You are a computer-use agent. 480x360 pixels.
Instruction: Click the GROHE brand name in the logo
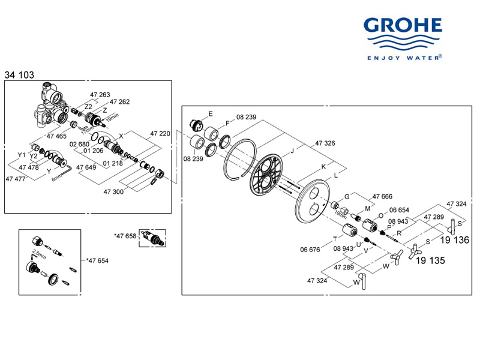click(x=403, y=26)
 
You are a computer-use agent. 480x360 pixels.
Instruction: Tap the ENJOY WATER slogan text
click(x=403, y=58)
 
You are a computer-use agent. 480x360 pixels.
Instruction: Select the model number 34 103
click(x=19, y=75)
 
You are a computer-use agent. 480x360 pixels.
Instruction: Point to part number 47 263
click(x=100, y=95)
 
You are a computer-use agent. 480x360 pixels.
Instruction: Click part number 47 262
click(x=119, y=102)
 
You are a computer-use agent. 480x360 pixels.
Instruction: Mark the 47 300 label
click(x=113, y=191)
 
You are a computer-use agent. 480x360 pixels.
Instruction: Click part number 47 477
click(x=16, y=179)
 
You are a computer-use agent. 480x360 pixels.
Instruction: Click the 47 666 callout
click(x=382, y=196)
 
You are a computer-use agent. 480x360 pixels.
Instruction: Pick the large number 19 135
click(x=429, y=261)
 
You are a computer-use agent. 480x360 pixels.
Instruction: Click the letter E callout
click(x=211, y=114)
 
